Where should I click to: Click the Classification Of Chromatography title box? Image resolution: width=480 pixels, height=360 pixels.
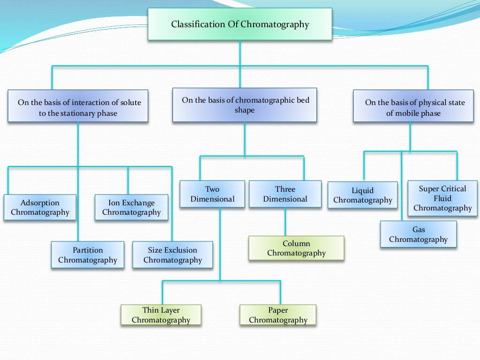click(240, 24)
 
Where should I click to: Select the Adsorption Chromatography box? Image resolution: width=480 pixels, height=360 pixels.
click(40, 207)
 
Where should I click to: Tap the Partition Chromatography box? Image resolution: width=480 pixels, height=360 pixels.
click(88, 255)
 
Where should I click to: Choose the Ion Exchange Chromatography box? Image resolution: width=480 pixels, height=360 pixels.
click(131, 207)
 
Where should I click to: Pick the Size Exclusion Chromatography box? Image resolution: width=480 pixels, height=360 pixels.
click(172, 255)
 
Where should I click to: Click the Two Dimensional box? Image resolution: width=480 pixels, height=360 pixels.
click(212, 194)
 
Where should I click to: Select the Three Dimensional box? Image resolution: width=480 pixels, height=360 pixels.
click(285, 194)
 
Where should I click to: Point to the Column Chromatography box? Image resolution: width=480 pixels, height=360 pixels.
click(296, 248)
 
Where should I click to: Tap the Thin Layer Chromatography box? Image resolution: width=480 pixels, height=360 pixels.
click(161, 315)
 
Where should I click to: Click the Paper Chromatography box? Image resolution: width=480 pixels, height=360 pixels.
click(278, 315)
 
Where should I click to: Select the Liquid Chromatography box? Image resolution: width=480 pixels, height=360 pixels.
click(362, 195)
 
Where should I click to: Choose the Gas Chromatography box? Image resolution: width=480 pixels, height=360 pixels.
click(418, 234)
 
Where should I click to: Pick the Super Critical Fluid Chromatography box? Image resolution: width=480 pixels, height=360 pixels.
click(442, 198)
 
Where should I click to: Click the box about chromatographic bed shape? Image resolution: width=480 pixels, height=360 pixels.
click(244, 105)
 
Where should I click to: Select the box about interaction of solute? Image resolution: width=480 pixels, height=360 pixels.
click(78, 107)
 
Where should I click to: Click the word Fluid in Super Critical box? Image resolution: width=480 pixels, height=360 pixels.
click(442, 198)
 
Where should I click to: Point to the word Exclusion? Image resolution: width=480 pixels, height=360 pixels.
click(180, 250)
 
